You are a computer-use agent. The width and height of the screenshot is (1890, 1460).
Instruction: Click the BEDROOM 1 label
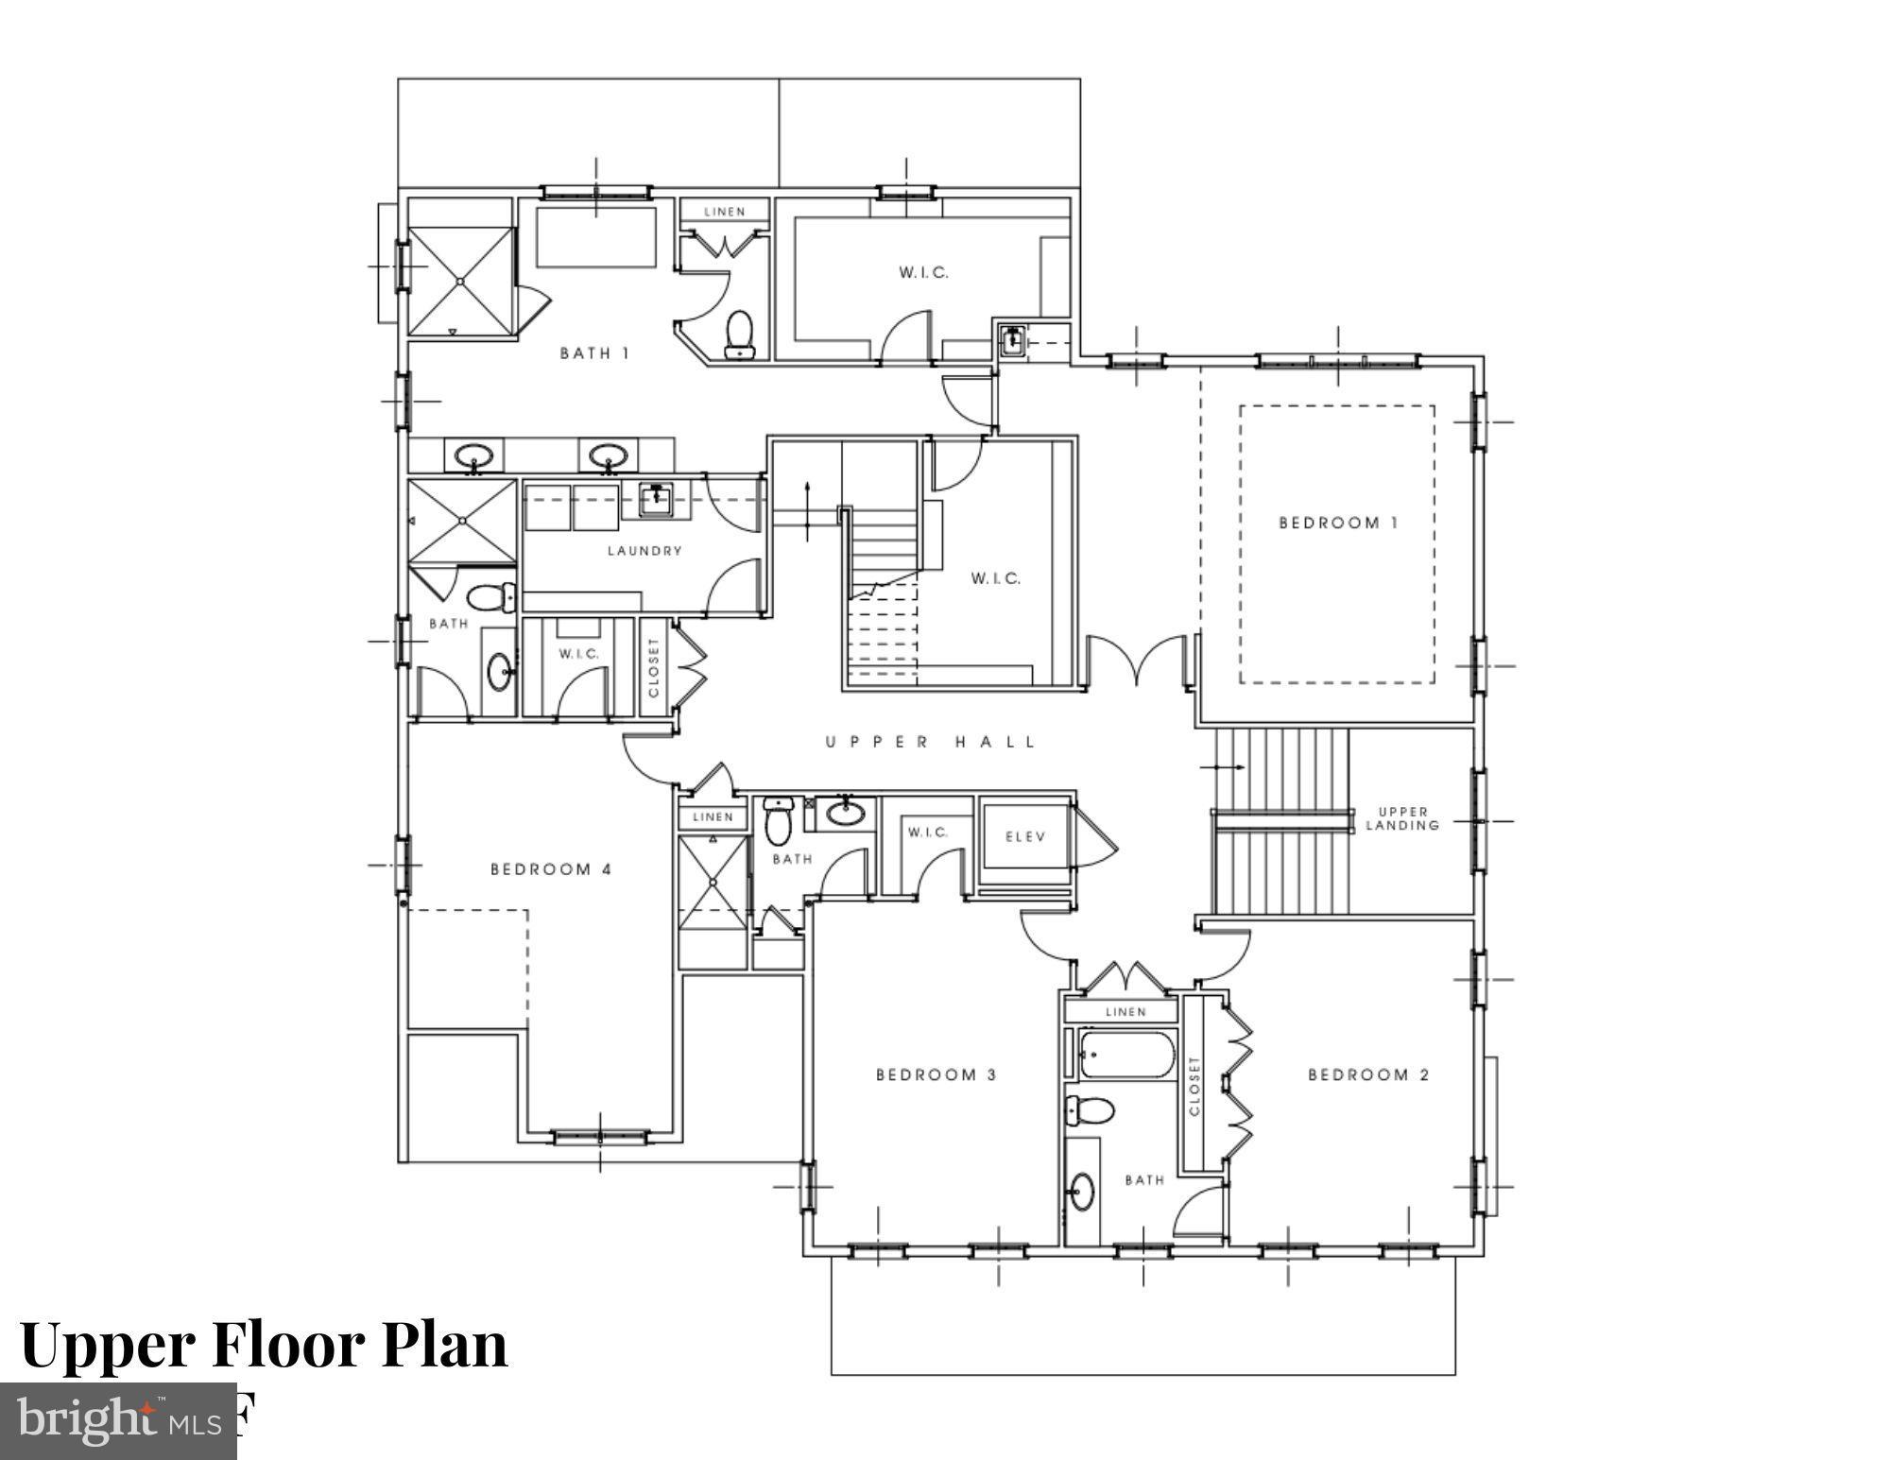click(1337, 523)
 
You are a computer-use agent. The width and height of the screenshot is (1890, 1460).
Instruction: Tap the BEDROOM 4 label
click(551, 869)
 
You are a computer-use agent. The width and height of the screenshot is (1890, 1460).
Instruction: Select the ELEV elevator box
click(1025, 835)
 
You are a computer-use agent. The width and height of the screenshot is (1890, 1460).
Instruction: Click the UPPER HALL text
click(931, 742)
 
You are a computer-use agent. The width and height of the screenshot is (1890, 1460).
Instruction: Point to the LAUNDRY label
click(644, 550)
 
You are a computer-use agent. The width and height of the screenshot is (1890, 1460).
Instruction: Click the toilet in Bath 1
click(739, 335)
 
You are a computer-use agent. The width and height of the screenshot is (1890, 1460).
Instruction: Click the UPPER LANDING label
click(1403, 818)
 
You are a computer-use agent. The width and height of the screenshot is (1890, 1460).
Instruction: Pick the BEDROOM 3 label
click(936, 1074)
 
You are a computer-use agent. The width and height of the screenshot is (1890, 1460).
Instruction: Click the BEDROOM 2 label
click(1368, 1074)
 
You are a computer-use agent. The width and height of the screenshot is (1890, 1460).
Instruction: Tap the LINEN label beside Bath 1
click(725, 212)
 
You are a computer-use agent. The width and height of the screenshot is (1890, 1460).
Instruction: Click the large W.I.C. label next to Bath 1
click(923, 273)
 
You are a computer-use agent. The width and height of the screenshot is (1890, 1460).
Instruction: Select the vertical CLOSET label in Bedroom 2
click(1194, 1086)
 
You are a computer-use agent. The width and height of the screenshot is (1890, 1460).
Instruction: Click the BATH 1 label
click(594, 353)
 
